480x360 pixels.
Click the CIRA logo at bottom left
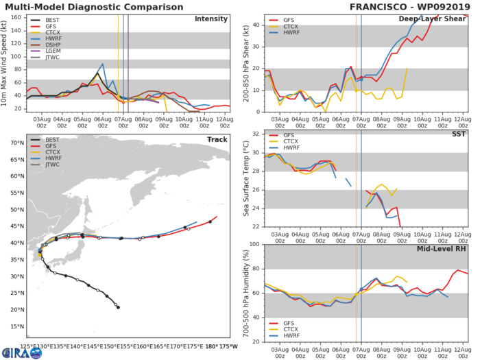click(15, 351)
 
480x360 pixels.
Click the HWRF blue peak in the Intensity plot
click(103, 64)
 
